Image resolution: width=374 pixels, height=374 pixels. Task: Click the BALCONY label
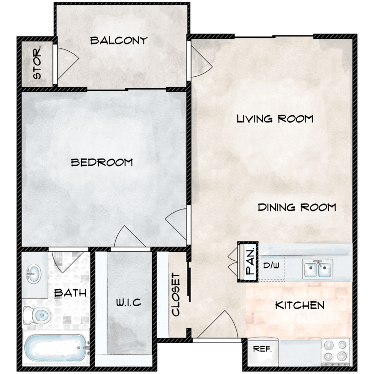pyautogui.click(x=119, y=41)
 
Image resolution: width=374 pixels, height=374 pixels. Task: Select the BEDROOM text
pyautogui.click(x=102, y=162)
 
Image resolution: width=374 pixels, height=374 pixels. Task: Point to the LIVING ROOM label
pyautogui.click(x=275, y=119)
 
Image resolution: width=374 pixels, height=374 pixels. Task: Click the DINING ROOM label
pyautogui.click(x=297, y=207)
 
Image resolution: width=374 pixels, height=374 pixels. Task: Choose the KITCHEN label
pyautogui.click(x=300, y=305)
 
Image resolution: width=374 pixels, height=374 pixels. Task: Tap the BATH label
pyautogui.click(x=70, y=293)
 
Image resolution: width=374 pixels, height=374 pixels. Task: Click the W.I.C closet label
pyautogui.click(x=129, y=302)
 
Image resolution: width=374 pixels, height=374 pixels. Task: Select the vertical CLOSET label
pyautogui.click(x=176, y=294)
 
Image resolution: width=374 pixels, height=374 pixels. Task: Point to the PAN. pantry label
pyautogui.click(x=250, y=262)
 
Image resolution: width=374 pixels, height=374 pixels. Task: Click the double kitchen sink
pyautogui.click(x=318, y=269)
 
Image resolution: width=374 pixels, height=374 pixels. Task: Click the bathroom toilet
pyautogui.click(x=38, y=315)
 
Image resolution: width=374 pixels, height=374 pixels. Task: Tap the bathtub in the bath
pyautogui.click(x=56, y=348)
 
